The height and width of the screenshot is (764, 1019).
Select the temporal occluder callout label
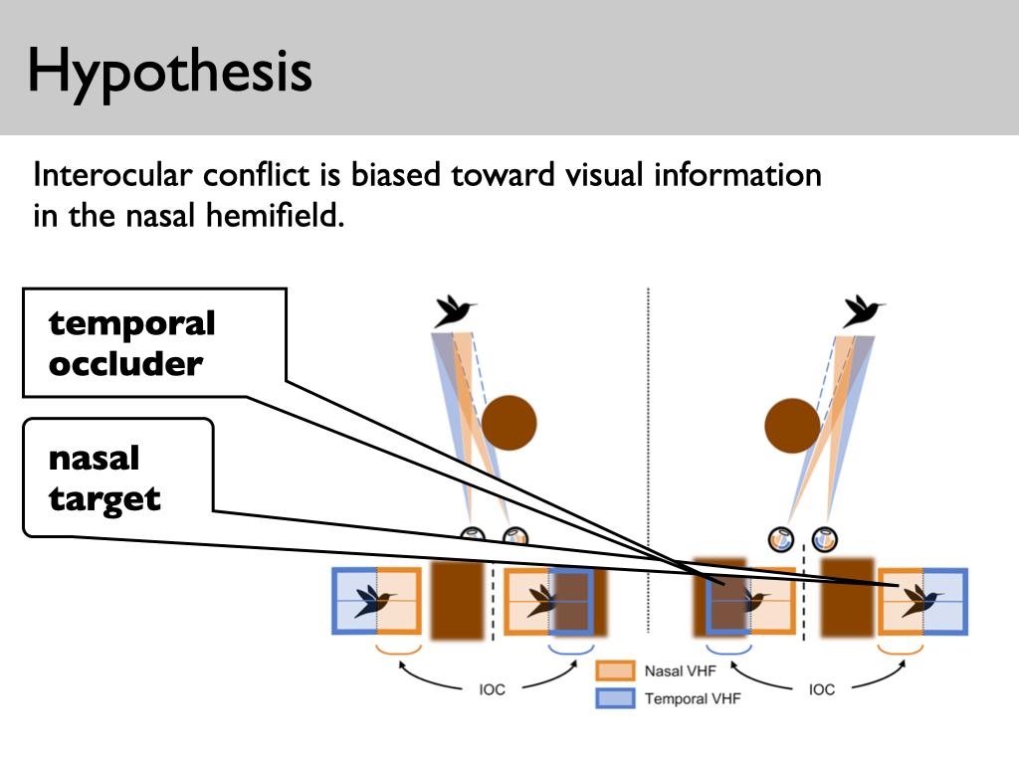[x=132, y=343]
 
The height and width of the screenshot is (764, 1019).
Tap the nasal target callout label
[x=104, y=478]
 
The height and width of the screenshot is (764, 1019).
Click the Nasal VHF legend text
[x=680, y=671]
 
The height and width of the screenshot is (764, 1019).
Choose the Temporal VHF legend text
[x=693, y=698]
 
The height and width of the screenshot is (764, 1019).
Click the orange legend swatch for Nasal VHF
[x=615, y=671]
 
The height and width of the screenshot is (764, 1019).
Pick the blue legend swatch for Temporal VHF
[x=615, y=698]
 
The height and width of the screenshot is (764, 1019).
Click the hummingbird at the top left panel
[x=454, y=311]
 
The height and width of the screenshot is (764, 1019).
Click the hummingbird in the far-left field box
[x=375, y=599]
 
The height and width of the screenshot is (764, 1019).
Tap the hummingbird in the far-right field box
[x=921, y=599]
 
